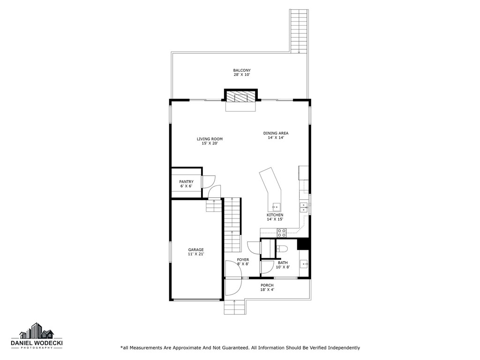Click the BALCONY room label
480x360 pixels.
tap(242, 70)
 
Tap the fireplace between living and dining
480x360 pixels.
tap(241, 97)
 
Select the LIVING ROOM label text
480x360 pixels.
tap(210, 139)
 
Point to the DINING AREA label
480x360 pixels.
tap(276, 133)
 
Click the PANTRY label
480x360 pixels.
tap(186, 182)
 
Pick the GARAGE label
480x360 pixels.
tap(196, 250)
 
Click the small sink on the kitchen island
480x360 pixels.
tap(275, 207)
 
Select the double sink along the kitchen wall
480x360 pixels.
tap(303, 208)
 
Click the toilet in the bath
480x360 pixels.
tap(282, 249)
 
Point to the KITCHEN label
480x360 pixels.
tap(275, 215)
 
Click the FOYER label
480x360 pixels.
tap(243, 259)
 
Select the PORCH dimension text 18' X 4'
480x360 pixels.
tap(267, 290)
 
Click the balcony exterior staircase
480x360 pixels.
tap(298, 31)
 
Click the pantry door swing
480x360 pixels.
tap(209, 180)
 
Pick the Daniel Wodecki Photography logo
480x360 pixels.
tap(37, 337)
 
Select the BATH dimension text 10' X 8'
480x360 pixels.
tap(283, 267)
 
